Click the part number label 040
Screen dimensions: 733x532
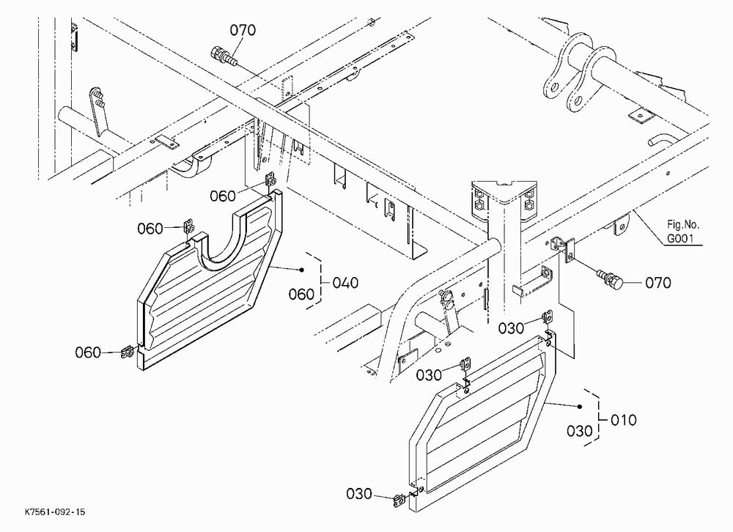pos(345,283)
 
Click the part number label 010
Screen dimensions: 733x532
pos(624,420)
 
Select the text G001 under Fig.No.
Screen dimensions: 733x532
pos(680,240)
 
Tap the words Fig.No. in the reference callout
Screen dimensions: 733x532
pos(683,224)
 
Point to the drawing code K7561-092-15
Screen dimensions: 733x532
pos(55,512)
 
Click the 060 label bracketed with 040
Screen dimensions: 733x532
pos(301,295)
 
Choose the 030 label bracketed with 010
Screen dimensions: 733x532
pos(580,431)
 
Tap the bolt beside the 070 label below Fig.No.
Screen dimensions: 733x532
pos(611,279)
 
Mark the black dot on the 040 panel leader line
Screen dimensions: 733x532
pos(301,270)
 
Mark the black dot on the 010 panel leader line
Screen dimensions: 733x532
pos(580,407)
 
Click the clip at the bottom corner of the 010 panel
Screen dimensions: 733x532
pos(399,501)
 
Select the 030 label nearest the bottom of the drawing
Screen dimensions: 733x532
pos(359,494)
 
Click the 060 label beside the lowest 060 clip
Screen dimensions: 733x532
pos(88,352)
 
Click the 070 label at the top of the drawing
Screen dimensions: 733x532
pos(243,30)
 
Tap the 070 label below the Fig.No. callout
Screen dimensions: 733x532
pos(658,283)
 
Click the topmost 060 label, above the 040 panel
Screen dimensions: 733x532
pos(223,196)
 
